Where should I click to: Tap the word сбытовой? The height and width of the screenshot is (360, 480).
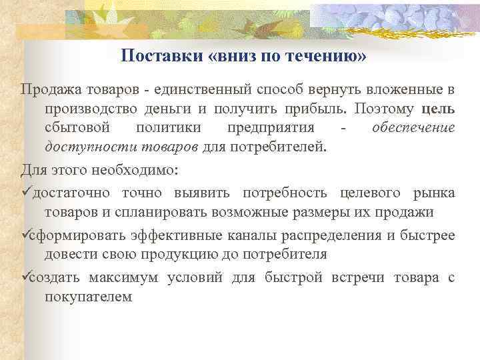click(x=73, y=127)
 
